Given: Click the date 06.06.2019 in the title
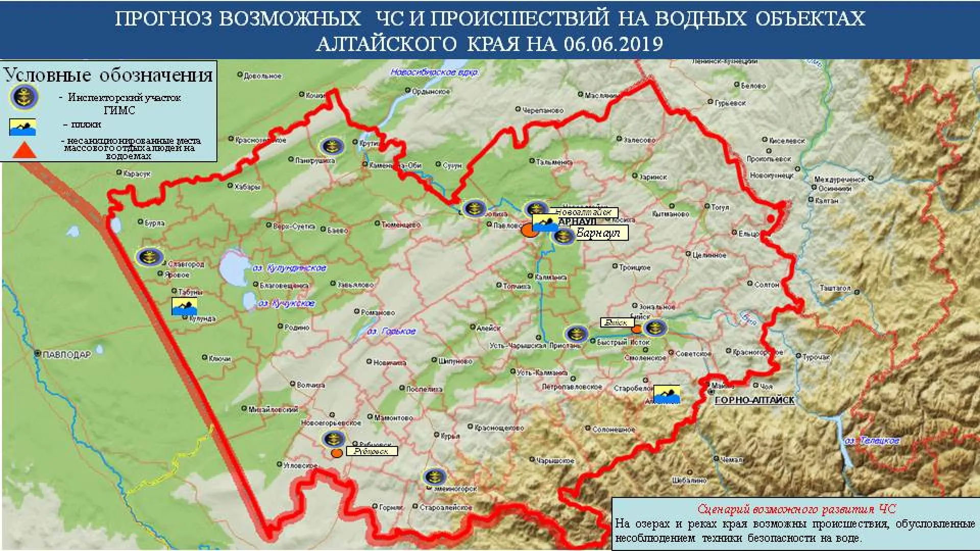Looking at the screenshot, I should point(613,44).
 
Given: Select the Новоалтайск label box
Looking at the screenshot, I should point(583,212).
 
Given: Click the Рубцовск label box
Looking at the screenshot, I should point(372,451).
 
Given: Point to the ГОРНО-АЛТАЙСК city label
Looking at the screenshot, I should point(754,400).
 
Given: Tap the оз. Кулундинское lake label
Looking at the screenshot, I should point(289,268).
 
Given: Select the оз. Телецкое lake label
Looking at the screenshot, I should point(872,440).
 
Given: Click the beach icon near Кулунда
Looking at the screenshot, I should point(184,307).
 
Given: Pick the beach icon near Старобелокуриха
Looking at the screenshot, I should point(667,394).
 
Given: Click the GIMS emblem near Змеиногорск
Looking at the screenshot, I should point(434,477).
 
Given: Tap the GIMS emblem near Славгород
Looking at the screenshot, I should point(149,257).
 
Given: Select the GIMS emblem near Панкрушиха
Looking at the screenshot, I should point(332,146).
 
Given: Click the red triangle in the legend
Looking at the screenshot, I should point(24,150).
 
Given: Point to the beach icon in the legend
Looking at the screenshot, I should point(22,127).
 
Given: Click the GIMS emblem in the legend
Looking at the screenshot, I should point(23,97).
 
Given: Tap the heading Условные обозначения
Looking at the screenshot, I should point(108,75).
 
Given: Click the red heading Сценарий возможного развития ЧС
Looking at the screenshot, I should point(796,509).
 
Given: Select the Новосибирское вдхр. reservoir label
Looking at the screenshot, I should point(434,72).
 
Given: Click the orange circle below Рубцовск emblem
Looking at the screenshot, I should point(336,453).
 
